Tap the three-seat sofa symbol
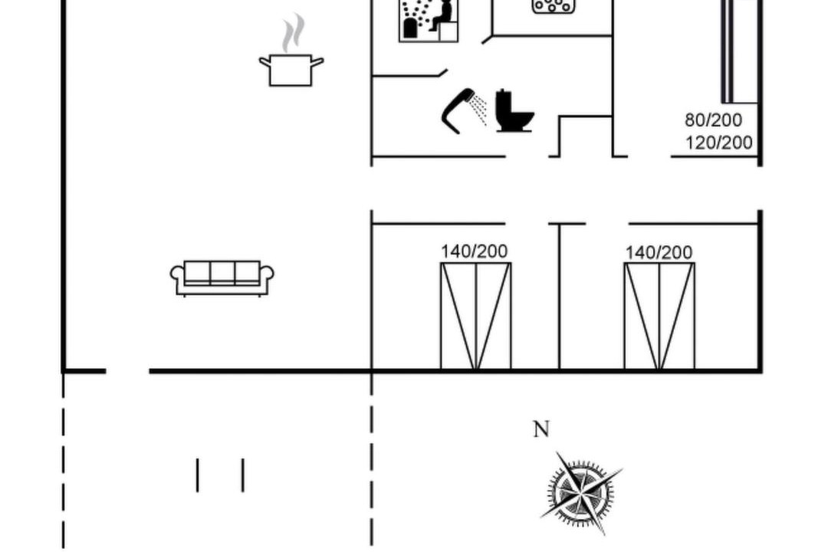point(222,278)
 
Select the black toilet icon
point(514,111)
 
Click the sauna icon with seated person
point(429,20)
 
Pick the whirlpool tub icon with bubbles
point(553,6)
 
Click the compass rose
point(581,493)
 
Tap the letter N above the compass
point(541,429)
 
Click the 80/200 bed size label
point(713,120)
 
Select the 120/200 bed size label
point(718,143)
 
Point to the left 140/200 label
point(475,251)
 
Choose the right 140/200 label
point(659,252)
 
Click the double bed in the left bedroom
point(476,317)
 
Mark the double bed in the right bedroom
point(659,317)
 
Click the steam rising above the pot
point(293,33)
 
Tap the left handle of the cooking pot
point(264,62)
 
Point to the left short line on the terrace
point(198,475)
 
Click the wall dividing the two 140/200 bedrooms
point(559,297)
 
